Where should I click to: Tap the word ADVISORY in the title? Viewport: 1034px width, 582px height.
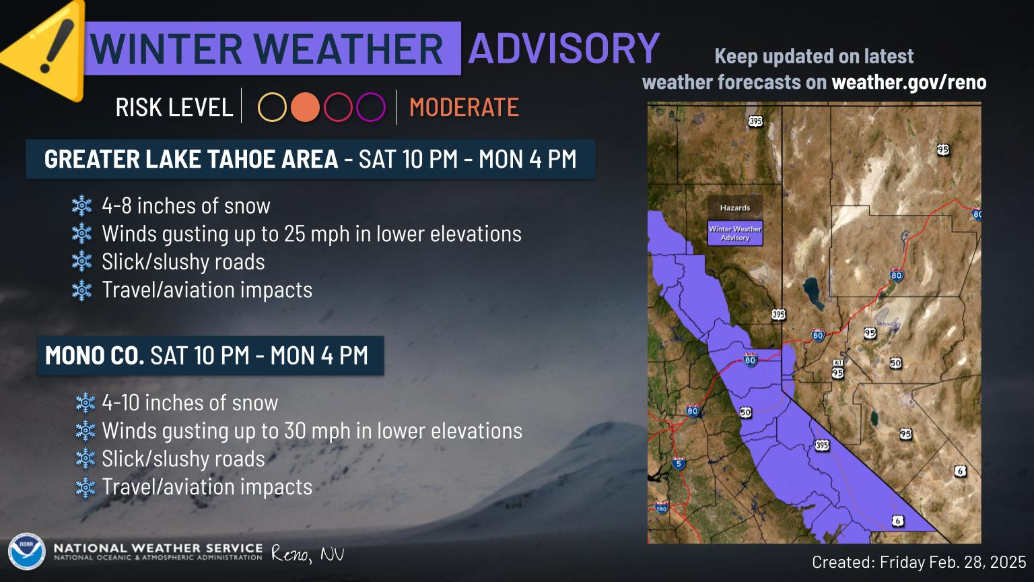pos(563,48)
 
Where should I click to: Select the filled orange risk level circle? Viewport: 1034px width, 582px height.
pos(305,107)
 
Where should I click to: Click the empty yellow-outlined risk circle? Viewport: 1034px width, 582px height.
pos(272,107)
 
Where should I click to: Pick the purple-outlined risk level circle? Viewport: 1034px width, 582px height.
pos(370,107)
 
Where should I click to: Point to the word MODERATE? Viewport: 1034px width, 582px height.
pos(464,107)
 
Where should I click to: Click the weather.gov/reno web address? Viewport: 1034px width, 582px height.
pos(909,82)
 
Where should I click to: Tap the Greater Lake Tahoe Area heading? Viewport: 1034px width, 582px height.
pos(191,159)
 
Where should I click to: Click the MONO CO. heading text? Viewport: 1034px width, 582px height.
pos(94,355)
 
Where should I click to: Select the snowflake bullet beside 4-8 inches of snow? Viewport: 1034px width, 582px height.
pos(81,205)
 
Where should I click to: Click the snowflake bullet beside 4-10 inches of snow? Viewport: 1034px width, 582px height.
pos(85,403)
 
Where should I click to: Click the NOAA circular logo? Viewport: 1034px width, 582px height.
pos(26,552)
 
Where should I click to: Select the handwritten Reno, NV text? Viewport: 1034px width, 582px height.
pos(308,554)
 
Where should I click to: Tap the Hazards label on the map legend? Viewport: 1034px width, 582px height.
pos(734,208)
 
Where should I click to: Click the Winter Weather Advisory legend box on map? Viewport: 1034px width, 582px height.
pos(734,233)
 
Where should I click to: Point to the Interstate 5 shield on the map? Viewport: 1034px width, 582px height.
pos(678,463)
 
